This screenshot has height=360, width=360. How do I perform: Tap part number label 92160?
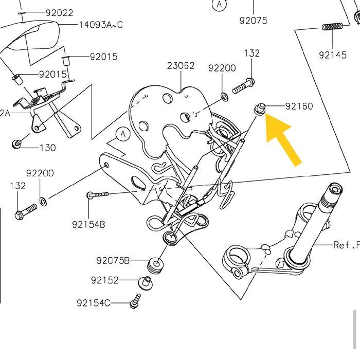click(x=299, y=106)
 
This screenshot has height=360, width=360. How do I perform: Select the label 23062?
click(x=181, y=65)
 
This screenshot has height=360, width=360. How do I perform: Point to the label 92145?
click(x=333, y=55)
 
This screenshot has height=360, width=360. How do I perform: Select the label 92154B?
click(x=88, y=224)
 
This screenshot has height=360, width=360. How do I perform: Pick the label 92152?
click(x=105, y=280)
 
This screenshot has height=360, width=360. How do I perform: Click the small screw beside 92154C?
click(x=136, y=301)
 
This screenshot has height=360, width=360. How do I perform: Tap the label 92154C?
click(x=93, y=303)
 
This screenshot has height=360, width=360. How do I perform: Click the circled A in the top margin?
click(x=220, y=5)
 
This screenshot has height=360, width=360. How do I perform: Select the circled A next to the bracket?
click(x=123, y=135)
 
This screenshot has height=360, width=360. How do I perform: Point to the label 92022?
click(x=59, y=13)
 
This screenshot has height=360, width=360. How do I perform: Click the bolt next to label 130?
click(x=16, y=143)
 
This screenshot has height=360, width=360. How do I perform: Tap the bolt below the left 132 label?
click(x=25, y=211)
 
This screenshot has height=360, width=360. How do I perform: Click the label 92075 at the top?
click(x=253, y=21)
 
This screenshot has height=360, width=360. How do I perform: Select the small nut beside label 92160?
click(x=260, y=109)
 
